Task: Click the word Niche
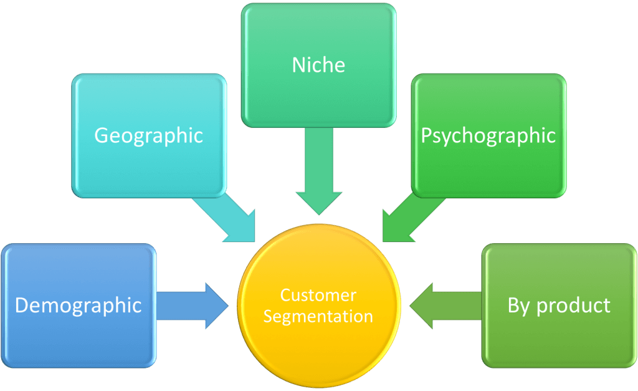pos(318,65)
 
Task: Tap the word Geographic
pos(148,135)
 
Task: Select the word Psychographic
pos(488,135)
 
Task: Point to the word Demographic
pos(78,306)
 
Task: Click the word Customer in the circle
pos(318,295)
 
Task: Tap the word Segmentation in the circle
pos(318,316)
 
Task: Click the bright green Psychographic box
pos(488,168)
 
